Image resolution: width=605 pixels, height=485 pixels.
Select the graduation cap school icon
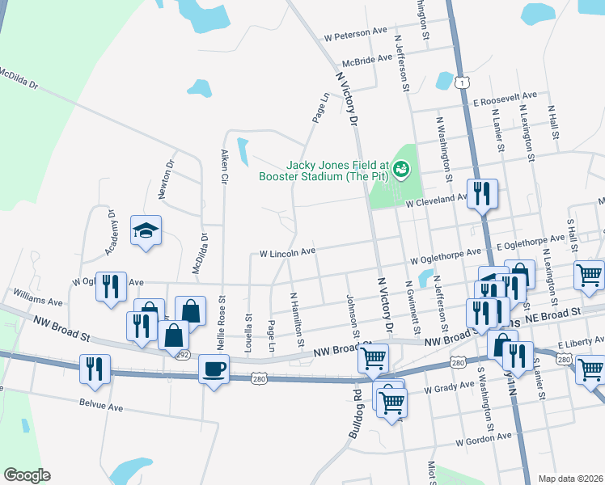pyautogui.click(x=146, y=231)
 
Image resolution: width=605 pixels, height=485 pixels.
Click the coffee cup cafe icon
pyautogui.click(x=214, y=369)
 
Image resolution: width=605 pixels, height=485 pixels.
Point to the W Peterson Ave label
pyautogui.click(x=355, y=35)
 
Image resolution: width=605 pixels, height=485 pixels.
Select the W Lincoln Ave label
pyautogui.click(x=287, y=253)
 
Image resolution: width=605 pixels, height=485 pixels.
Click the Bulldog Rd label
pyautogui.click(x=353, y=417)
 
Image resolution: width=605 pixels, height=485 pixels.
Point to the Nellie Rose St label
pyautogui.click(x=221, y=323)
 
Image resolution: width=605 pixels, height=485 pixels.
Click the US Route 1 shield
pyautogui.click(x=459, y=82)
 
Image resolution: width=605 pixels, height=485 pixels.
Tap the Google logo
pyautogui.click(x=27, y=475)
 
